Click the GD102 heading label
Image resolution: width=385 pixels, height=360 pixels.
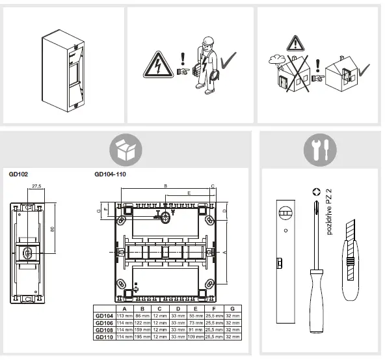(18, 174)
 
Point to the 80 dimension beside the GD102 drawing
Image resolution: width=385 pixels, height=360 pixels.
(53, 228)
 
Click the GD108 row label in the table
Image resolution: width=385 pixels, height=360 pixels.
(103, 329)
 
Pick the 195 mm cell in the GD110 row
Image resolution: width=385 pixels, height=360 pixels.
(142, 337)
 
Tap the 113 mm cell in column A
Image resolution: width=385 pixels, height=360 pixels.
(124, 315)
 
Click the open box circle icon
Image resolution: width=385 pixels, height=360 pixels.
(126, 149)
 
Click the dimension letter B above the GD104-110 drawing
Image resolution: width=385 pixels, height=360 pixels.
(165, 186)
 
